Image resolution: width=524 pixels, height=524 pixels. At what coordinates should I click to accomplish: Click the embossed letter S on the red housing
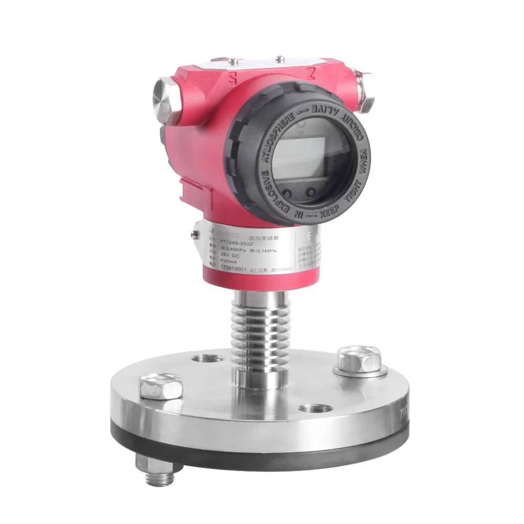click(231, 79)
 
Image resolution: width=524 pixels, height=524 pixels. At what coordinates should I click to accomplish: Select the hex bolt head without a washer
click(161, 386)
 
